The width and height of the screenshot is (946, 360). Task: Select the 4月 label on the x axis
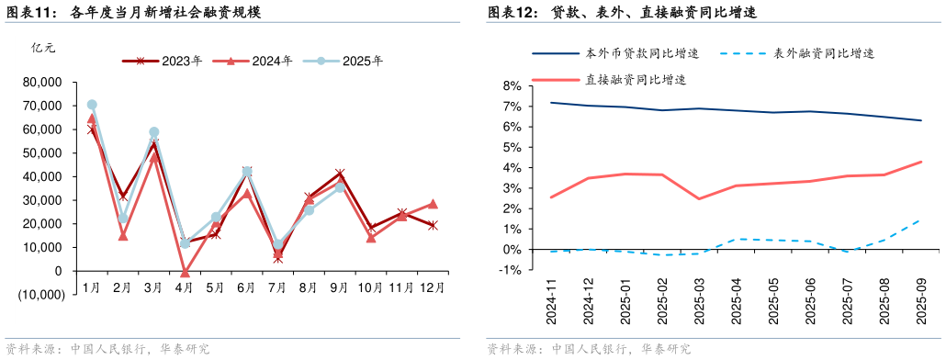tap(184, 288)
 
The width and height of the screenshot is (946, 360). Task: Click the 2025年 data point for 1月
tap(92, 105)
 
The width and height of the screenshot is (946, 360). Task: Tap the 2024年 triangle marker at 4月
tap(185, 273)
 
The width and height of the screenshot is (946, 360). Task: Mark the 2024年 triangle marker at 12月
tap(433, 204)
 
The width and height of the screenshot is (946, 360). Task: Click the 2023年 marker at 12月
tap(433, 225)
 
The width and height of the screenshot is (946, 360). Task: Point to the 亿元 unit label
tap(43, 48)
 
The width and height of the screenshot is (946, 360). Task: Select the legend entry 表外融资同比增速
tap(823, 53)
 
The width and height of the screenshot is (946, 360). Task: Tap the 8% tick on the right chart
tap(511, 85)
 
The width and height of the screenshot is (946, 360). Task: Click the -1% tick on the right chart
tap(509, 270)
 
